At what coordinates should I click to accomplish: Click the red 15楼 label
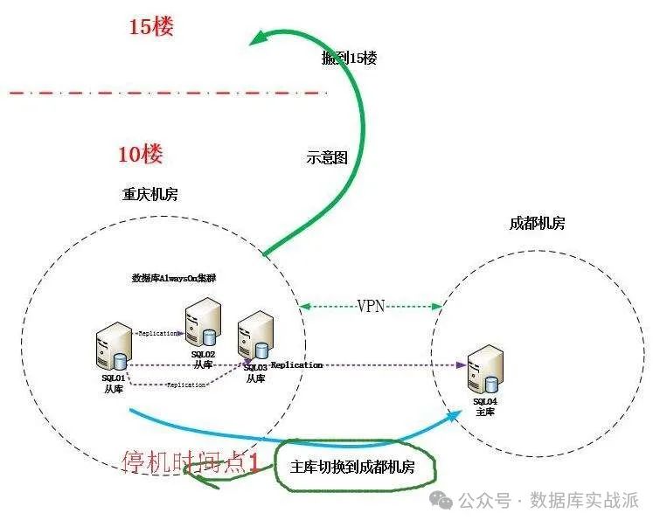[151, 27]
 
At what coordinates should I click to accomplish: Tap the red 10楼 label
[140, 156]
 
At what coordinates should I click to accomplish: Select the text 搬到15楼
[349, 59]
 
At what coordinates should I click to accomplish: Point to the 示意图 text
[327, 158]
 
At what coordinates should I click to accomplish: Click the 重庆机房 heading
[149, 194]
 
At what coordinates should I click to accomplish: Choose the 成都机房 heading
[537, 223]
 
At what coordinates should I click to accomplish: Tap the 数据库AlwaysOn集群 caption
[174, 278]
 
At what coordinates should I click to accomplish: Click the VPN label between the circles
[372, 306]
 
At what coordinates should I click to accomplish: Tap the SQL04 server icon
[484, 370]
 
